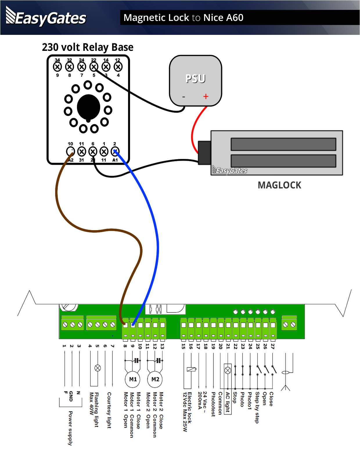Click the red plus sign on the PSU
point(206,96)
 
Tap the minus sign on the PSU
point(183,97)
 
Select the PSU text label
point(195,79)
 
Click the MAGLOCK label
point(279,185)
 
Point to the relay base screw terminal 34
point(57,67)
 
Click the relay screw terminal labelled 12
point(118,67)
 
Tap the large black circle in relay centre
point(89,108)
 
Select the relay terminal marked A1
point(115,151)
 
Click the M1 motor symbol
point(133,379)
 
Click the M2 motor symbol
point(155,379)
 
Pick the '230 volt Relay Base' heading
point(88,47)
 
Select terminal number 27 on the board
point(273,346)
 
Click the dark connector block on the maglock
point(204,153)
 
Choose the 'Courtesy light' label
point(109,410)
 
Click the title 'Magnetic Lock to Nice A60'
point(183,18)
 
